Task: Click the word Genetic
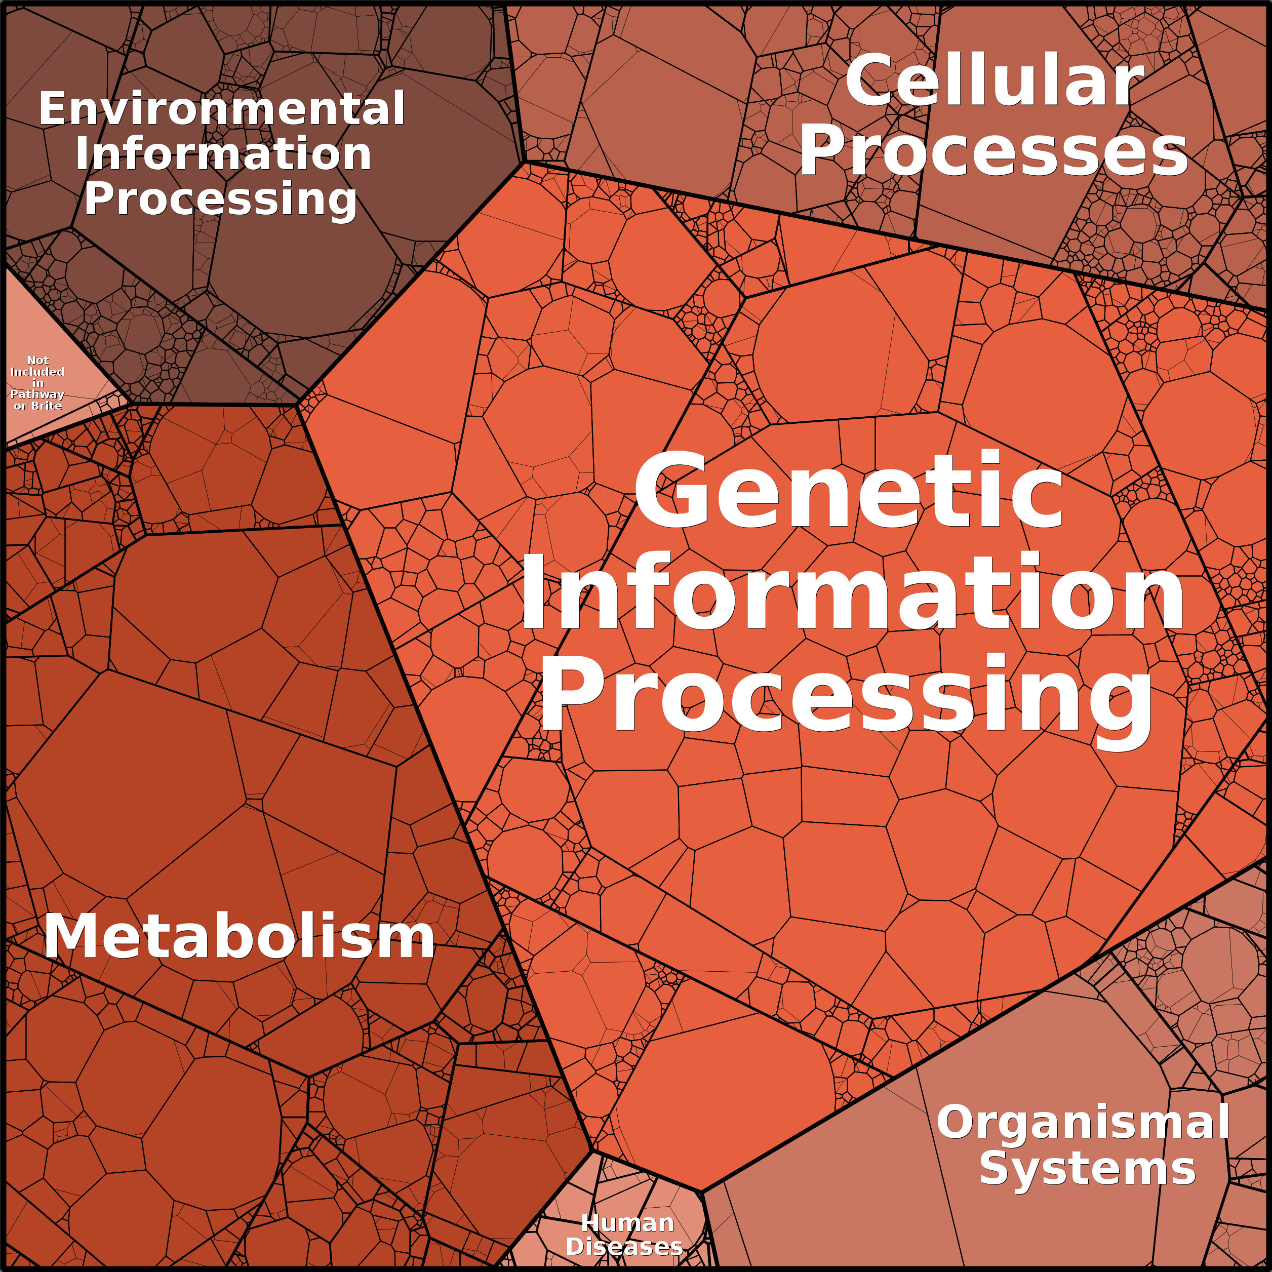click(x=848, y=491)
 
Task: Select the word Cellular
click(x=994, y=83)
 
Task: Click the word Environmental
click(x=221, y=109)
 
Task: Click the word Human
click(x=627, y=1223)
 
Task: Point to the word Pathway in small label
click(x=37, y=394)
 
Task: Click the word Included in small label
click(x=37, y=372)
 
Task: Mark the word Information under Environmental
click(x=223, y=154)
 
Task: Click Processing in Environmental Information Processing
click(x=221, y=200)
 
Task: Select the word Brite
click(x=47, y=406)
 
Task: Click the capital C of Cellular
click(x=870, y=83)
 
